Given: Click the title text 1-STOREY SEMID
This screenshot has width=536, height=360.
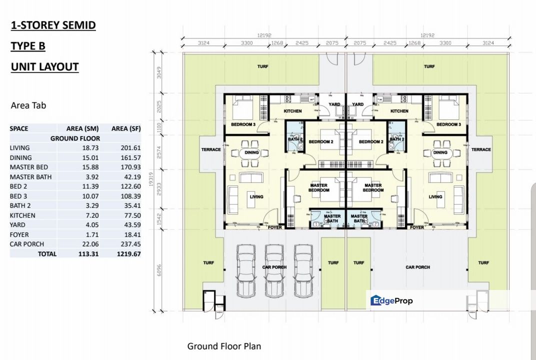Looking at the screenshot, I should pyautogui.click(x=53, y=25).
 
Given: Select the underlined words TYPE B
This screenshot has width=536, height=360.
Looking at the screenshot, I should pyautogui.click(x=28, y=46).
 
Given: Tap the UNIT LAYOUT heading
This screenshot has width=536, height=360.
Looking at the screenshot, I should pyautogui.click(x=44, y=67).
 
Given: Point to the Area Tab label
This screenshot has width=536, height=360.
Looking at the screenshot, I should pyautogui.click(x=28, y=105).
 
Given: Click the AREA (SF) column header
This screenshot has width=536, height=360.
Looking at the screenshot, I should pyautogui.click(x=126, y=128).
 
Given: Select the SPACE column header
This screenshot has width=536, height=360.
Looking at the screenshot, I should pyautogui.click(x=19, y=128).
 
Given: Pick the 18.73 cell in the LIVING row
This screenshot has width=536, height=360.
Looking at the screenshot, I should pyautogui.click(x=90, y=148).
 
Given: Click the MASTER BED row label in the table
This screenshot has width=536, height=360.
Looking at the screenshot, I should pyautogui.click(x=29, y=167).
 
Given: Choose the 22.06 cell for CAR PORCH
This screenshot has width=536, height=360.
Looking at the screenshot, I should pyautogui.click(x=90, y=244).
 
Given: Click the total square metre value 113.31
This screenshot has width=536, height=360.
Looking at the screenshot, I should pyautogui.click(x=88, y=254).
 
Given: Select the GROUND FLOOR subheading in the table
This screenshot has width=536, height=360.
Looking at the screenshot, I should pyautogui.click(x=75, y=138).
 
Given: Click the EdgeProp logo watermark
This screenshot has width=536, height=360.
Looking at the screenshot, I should pyautogui.click(x=391, y=300).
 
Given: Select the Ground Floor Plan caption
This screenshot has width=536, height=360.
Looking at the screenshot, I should pyautogui.click(x=224, y=346).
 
